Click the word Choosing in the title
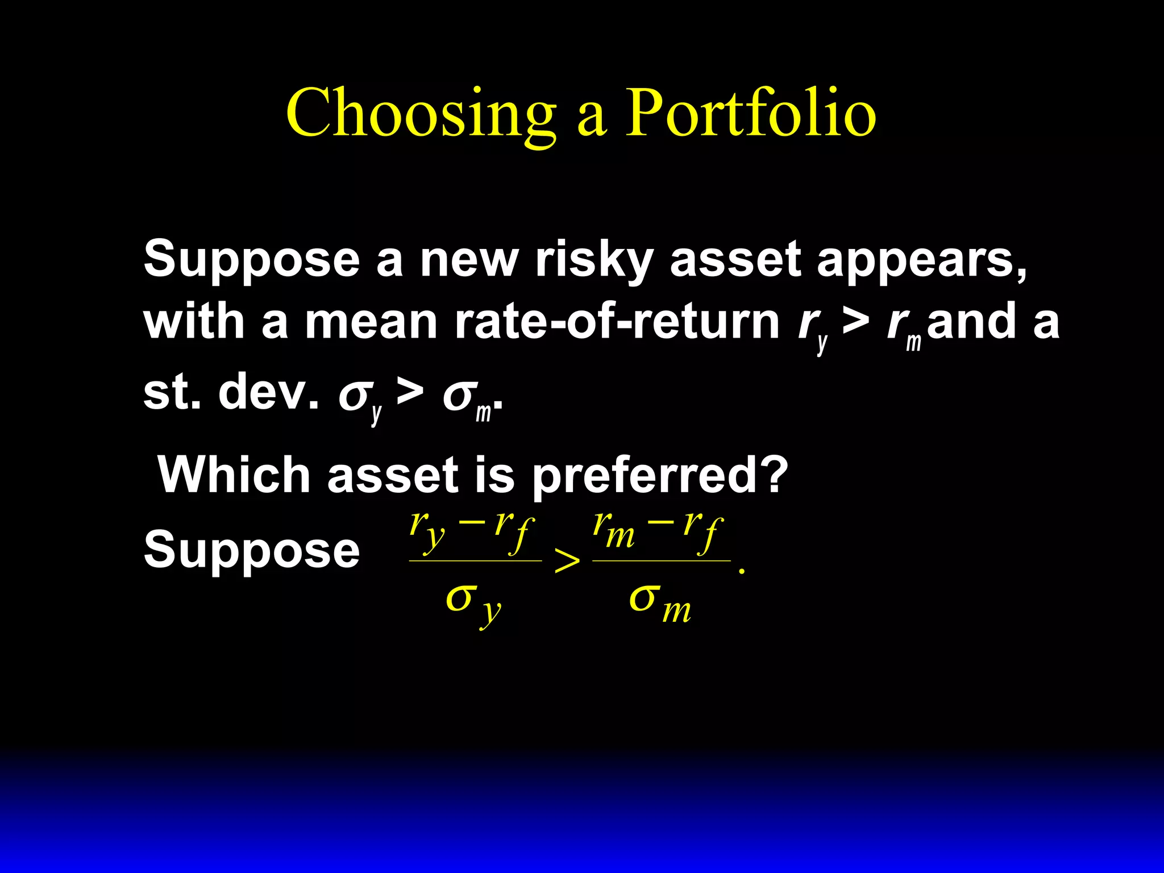(x=421, y=114)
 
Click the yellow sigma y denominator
(x=473, y=602)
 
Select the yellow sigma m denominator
(x=659, y=602)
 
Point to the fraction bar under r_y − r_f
(x=475, y=561)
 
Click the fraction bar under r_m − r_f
(x=661, y=561)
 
